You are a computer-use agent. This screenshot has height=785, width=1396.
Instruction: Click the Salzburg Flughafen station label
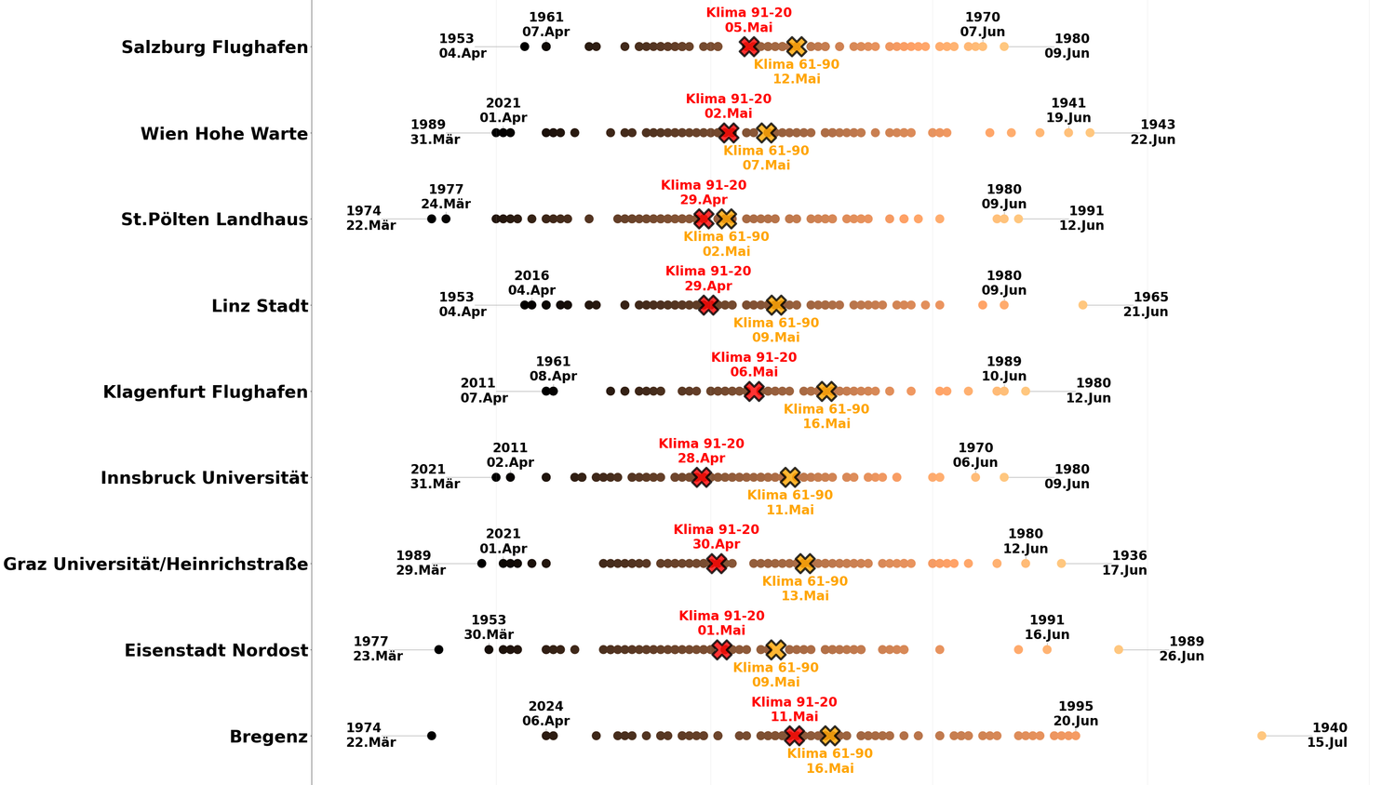point(215,47)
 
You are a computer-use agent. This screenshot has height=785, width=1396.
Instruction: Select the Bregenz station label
point(268,737)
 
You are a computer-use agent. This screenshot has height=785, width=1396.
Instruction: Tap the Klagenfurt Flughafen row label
point(206,392)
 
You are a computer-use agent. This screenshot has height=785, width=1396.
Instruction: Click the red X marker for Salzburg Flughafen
point(749,47)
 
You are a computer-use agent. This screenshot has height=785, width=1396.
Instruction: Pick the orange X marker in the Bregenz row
point(830,736)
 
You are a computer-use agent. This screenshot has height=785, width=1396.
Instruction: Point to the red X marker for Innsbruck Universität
point(701,477)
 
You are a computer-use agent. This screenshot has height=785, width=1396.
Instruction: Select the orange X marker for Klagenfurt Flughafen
point(826,392)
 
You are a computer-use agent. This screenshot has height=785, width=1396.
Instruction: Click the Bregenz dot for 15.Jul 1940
point(1262,736)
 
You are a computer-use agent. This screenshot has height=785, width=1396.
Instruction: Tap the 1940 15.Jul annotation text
point(1328,736)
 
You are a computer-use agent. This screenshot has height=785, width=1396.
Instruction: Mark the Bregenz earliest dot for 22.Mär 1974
point(432,736)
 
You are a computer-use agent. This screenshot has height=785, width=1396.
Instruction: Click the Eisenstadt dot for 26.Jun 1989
point(1119,650)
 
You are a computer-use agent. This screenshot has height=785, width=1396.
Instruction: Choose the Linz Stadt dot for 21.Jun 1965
point(1082,305)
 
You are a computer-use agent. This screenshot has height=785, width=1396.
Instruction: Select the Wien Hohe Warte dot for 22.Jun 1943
point(1090,133)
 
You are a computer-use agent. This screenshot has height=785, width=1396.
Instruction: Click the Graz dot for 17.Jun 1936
point(1061,564)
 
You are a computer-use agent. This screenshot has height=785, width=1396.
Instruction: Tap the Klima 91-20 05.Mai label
point(749,20)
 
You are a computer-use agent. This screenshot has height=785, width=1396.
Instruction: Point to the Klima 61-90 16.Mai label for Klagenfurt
point(826,416)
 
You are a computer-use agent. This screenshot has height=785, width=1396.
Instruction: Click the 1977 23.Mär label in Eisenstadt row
point(377,649)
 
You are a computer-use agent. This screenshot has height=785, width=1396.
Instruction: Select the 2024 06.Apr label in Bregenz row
point(545,713)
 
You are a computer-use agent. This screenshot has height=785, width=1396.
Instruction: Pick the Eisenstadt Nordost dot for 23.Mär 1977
point(439,649)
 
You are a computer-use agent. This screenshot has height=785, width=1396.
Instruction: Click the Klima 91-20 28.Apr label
point(701,451)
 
